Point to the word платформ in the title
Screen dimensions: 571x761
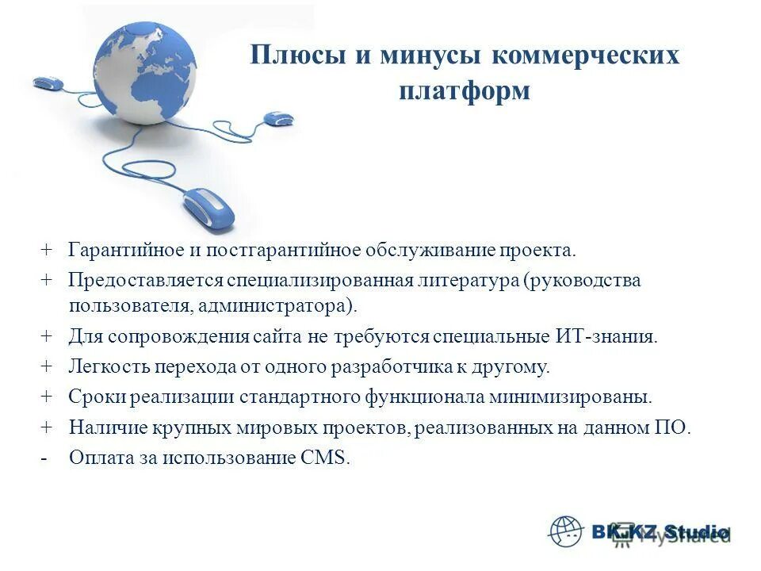click(x=465, y=90)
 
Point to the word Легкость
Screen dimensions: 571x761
click(x=105, y=366)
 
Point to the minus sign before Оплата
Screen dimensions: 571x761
click(x=45, y=458)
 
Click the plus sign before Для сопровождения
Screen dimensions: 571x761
click(x=46, y=336)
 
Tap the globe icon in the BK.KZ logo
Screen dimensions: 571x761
click(x=565, y=531)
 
